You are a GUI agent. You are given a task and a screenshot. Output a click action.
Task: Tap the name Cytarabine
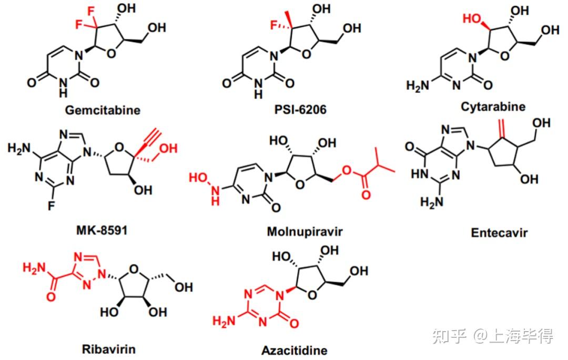(493, 107)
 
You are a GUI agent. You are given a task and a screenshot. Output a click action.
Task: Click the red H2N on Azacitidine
(223, 321)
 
